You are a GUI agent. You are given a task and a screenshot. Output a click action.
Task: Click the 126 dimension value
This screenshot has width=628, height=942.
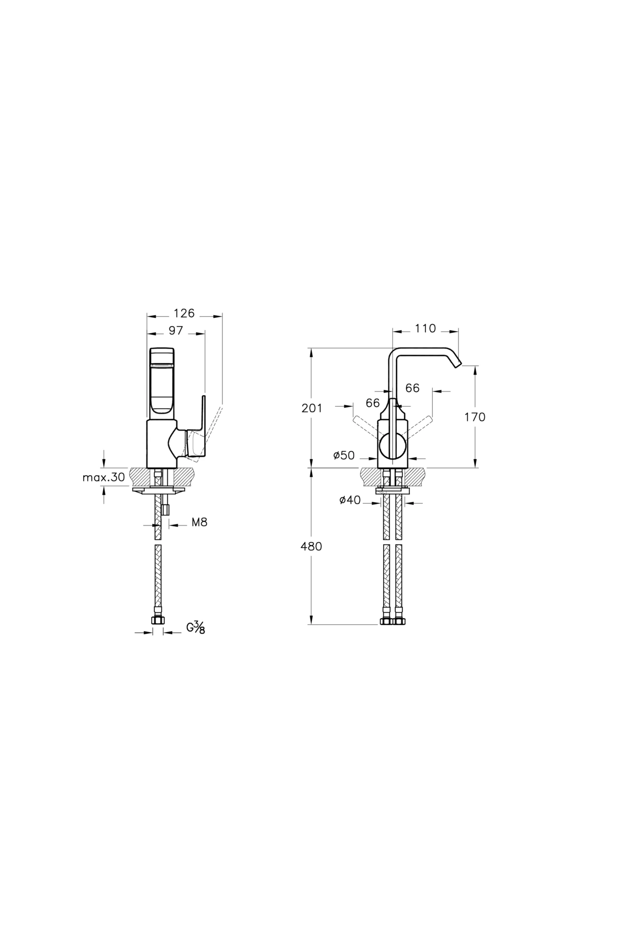184,313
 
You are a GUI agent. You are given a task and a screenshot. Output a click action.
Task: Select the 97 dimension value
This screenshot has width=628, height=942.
176,330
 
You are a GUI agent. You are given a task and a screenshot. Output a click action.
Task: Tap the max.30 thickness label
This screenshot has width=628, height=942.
104,477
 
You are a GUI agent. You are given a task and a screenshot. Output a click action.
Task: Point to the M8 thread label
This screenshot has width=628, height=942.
199,522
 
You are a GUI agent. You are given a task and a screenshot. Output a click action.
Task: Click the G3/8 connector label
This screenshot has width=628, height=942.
196,627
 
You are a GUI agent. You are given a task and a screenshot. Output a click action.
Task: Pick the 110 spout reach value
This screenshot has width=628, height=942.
425,328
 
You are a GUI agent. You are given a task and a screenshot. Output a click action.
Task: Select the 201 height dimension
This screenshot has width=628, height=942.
312,408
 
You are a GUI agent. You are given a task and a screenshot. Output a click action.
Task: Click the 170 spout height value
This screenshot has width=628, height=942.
475,417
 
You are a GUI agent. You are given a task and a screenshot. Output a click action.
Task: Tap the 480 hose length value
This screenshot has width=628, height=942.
311,546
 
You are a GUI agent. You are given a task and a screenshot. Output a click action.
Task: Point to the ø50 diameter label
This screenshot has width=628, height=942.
344,455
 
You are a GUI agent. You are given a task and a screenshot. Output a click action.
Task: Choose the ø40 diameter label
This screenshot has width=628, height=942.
350,500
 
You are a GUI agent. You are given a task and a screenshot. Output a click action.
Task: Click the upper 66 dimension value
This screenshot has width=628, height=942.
412,388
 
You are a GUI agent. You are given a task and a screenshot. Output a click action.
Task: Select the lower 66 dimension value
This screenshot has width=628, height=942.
373,403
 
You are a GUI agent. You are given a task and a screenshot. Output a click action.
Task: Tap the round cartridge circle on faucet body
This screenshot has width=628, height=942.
392,446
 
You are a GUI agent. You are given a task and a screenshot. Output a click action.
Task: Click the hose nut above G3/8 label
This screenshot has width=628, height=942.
157,620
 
